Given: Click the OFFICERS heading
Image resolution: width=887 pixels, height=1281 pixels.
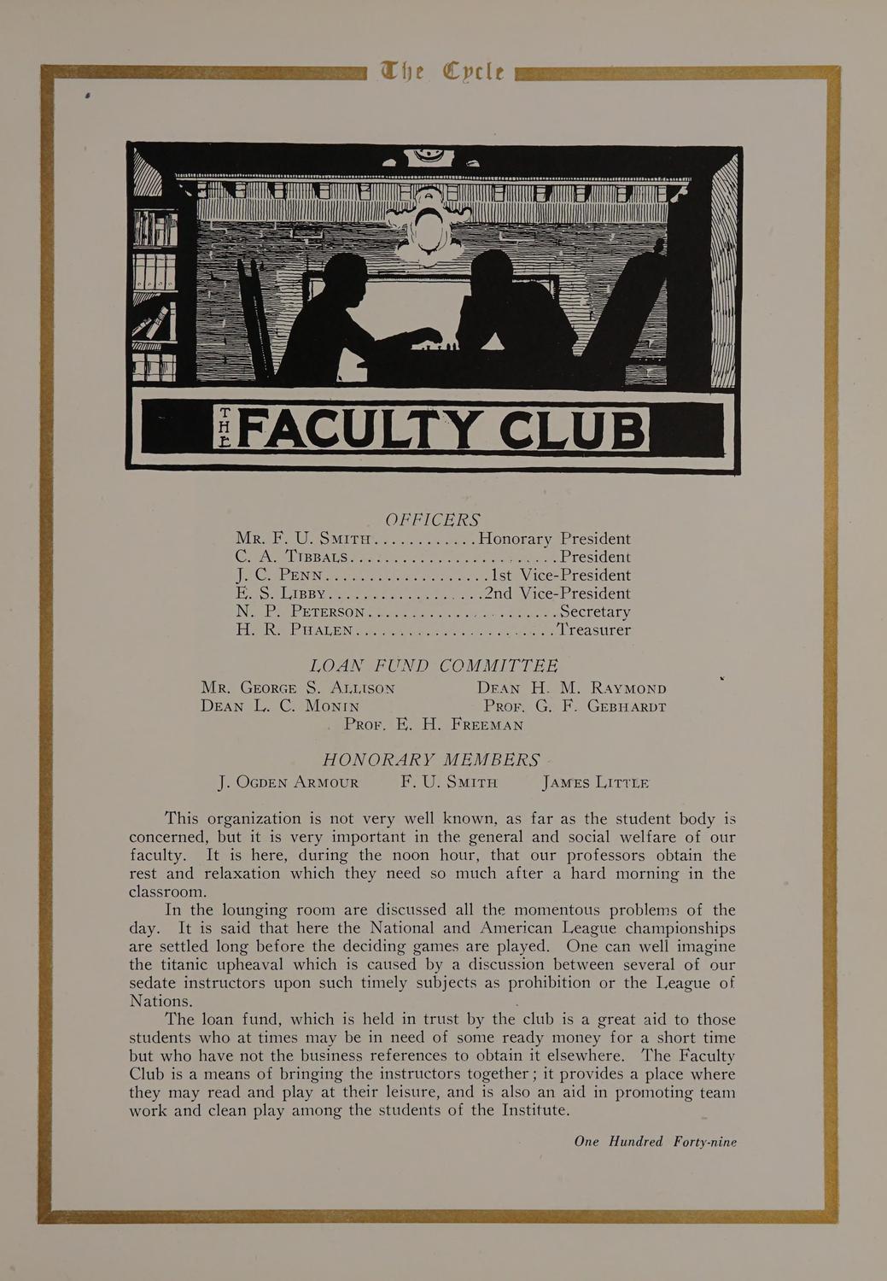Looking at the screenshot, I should click(x=433, y=519).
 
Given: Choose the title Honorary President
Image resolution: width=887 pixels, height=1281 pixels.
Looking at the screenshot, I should click(x=555, y=539).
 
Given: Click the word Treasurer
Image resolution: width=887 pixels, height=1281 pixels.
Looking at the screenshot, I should click(x=594, y=630).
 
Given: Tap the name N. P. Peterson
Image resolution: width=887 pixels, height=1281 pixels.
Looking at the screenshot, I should click(x=301, y=611).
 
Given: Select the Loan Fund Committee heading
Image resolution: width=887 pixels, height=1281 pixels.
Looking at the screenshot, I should click(x=433, y=665).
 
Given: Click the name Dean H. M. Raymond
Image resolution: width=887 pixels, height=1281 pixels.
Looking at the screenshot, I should click(x=571, y=688).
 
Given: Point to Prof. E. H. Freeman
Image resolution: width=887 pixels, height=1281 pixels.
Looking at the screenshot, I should click(x=433, y=725).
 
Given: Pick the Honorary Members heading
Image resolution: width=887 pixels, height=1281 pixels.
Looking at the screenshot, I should click(x=431, y=760).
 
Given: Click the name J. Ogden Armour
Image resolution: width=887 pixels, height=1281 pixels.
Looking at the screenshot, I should click(x=289, y=782).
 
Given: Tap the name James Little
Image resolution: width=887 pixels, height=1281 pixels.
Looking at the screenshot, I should click(x=595, y=782).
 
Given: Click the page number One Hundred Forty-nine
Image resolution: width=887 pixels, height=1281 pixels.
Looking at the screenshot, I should click(x=655, y=1142).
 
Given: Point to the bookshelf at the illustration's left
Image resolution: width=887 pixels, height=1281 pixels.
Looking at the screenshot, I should click(x=155, y=282).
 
